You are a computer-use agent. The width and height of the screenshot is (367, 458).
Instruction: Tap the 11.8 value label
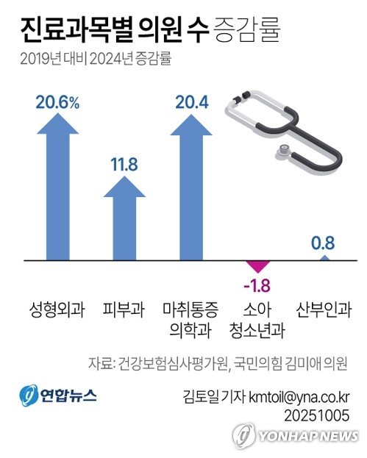(124, 164)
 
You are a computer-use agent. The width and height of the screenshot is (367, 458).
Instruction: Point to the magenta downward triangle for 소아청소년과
(256, 266)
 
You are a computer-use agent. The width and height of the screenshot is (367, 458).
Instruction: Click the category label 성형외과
(57, 308)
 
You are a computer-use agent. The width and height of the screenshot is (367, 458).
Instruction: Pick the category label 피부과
(124, 308)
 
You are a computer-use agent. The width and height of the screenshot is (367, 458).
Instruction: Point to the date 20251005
(317, 415)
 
